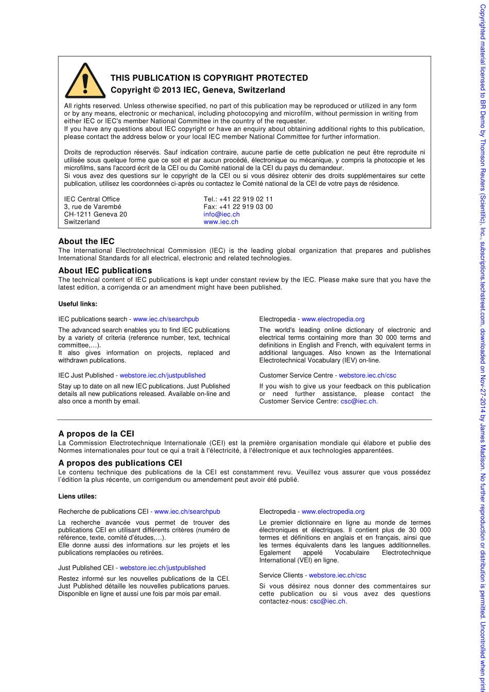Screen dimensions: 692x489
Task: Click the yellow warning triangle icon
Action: [x=85, y=81]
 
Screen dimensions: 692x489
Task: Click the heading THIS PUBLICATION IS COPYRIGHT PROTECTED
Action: [x=209, y=78]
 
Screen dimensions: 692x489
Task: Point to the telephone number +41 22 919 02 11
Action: [x=246, y=199]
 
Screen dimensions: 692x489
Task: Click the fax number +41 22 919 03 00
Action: [x=246, y=207]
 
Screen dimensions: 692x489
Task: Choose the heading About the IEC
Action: [x=86, y=241]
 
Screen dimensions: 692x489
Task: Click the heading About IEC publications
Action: [x=105, y=270]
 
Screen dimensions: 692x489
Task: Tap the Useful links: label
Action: [x=78, y=304]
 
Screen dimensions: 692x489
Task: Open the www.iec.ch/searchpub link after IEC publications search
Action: [x=166, y=319]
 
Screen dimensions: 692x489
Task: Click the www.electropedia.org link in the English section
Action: [x=333, y=319]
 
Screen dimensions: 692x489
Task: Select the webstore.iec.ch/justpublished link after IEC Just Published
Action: [x=163, y=375]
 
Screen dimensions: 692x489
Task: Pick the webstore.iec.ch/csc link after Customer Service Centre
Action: [x=368, y=375]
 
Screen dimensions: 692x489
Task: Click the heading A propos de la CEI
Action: [x=96, y=434]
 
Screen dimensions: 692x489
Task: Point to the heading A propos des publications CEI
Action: [x=120, y=463]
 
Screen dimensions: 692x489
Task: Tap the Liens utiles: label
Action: [x=77, y=496]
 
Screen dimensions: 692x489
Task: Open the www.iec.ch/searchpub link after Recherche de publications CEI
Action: [x=187, y=512]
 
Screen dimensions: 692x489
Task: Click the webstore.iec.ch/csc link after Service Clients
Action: [x=338, y=575]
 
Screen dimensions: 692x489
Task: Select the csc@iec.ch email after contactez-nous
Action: [x=328, y=601]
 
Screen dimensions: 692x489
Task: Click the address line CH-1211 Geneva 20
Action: [x=95, y=214]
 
